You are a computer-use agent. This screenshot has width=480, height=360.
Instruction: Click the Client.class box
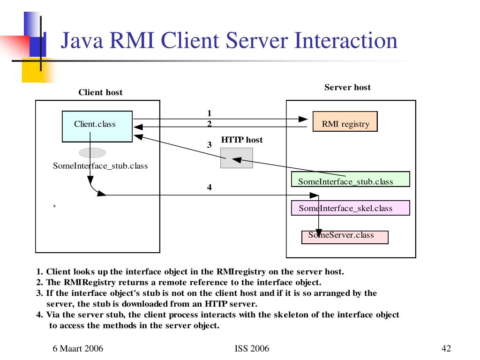(97, 126)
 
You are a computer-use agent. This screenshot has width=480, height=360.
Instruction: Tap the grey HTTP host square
(237, 158)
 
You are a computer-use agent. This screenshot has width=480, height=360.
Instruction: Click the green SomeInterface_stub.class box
(350, 179)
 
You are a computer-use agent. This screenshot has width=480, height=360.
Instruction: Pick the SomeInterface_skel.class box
(350, 208)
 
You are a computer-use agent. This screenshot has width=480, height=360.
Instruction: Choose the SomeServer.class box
(345, 237)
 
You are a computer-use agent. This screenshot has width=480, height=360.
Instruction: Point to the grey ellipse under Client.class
(92, 153)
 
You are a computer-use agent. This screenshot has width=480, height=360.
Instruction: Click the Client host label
(100, 92)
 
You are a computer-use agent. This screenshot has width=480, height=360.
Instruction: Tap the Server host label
(347, 87)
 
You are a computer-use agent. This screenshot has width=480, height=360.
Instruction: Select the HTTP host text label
(242, 140)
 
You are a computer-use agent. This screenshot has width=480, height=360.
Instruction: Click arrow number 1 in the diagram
(210, 113)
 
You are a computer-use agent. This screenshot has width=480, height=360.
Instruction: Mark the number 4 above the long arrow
(210, 187)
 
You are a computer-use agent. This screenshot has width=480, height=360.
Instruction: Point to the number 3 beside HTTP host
(210, 145)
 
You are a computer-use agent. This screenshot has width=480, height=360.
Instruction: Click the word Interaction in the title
(346, 40)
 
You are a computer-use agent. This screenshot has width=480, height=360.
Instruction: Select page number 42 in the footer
(446, 348)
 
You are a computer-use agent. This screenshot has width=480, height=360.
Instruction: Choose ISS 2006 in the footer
(252, 348)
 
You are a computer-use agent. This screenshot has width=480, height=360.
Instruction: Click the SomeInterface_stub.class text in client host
(100, 166)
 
